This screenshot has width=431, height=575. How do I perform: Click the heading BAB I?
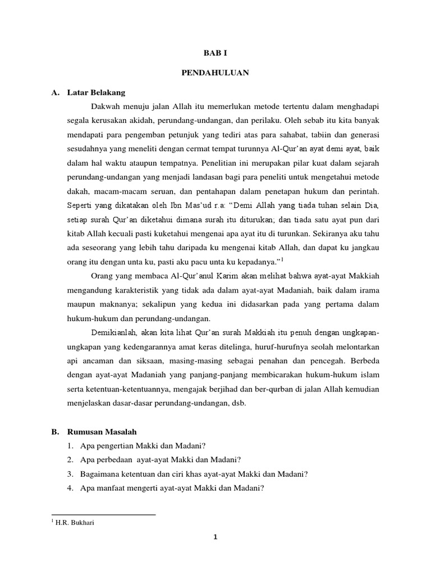(x=215, y=53)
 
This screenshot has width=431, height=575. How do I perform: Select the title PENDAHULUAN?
(x=215, y=72)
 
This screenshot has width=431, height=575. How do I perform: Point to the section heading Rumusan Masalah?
(x=102, y=431)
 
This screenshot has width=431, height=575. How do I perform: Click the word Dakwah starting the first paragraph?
(x=105, y=104)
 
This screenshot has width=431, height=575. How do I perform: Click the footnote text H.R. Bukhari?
(x=71, y=522)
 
